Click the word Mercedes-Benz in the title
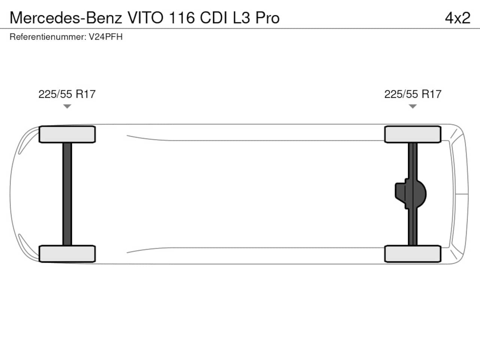(66, 18)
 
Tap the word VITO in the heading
(145, 18)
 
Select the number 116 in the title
(182, 18)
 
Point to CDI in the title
(214, 18)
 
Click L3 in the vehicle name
(241, 18)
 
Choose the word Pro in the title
(267, 18)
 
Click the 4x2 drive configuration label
(458, 18)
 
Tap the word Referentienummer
(48, 37)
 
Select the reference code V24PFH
(106, 37)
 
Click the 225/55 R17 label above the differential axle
(413, 94)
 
